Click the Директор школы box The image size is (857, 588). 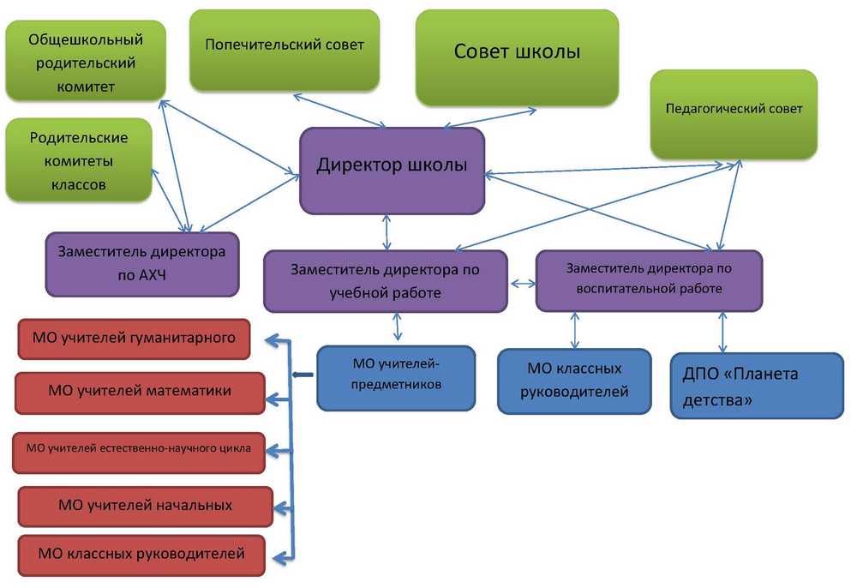pos(392,170)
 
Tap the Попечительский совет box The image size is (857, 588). pos(285,49)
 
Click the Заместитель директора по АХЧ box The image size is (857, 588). pos(141,264)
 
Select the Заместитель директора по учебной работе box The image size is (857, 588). pos(385,280)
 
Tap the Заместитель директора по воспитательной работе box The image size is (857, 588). pos(649,279)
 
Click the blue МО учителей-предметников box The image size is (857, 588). pos(396,377)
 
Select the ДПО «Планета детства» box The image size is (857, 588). pos(746,386)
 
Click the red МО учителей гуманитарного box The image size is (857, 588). pos(133,339)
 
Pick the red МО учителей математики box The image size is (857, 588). pos(139,392)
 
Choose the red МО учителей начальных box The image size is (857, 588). pos(145,506)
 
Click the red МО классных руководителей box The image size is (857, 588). pos(141,555)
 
